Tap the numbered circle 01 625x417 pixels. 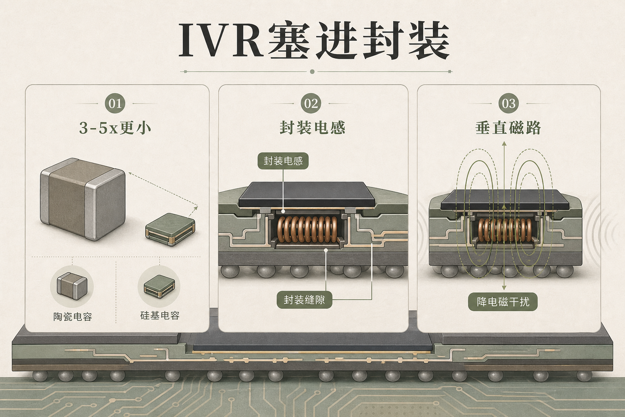click(115, 103)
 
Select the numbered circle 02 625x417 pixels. click(311, 103)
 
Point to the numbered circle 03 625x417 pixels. click(508, 103)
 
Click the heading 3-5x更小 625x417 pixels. click(115, 128)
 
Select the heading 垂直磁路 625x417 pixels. click(508, 128)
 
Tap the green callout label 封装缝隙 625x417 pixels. click(304, 300)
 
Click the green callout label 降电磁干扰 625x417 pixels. click(503, 302)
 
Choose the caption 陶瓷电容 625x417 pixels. click(72, 317)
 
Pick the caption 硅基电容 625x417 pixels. click(160, 316)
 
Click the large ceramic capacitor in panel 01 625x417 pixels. click(83, 199)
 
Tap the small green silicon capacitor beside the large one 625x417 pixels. click(170, 230)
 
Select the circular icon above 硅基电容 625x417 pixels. click(159, 286)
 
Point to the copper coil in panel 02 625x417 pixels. click(307, 229)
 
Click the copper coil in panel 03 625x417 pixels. click(505, 230)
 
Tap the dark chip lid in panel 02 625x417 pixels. click(306, 194)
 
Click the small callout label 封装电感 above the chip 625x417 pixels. click(283, 161)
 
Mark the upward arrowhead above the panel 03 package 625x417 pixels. click(504, 144)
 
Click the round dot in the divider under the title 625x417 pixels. click(312, 72)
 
